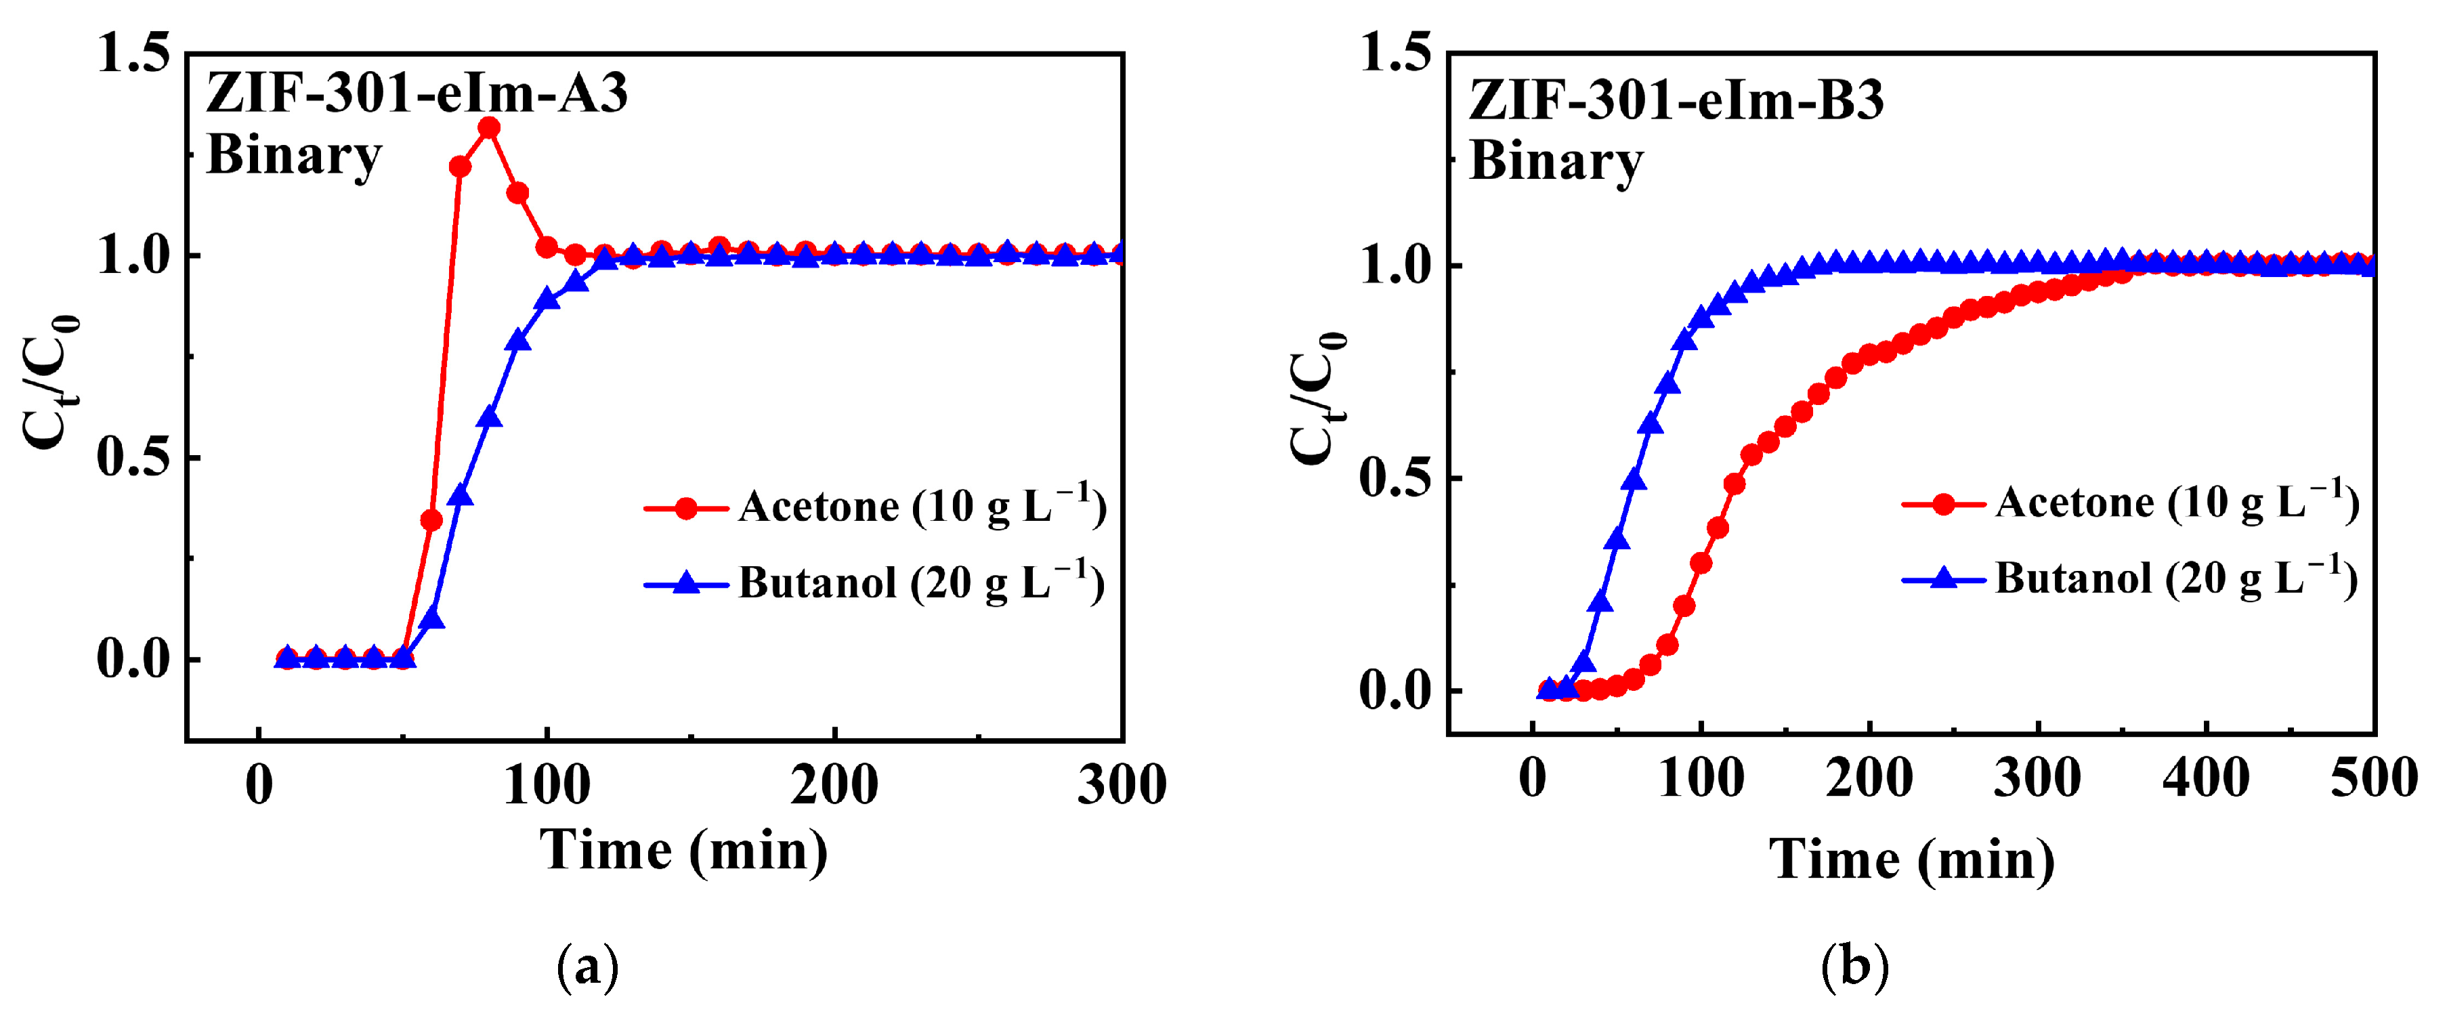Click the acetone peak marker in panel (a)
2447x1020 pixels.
click(x=489, y=127)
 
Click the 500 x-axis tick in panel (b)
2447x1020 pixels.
click(x=2373, y=779)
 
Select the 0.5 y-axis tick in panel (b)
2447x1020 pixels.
click(x=1395, y=477)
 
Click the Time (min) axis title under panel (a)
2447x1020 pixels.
click(x=683, y=849)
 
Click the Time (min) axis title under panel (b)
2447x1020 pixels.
click(x=1911, y=860)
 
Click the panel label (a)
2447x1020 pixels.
click(x=587, y=966)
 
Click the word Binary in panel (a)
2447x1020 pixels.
click(x=293, y=155)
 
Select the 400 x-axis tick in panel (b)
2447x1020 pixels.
click(x=2205, y=779)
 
